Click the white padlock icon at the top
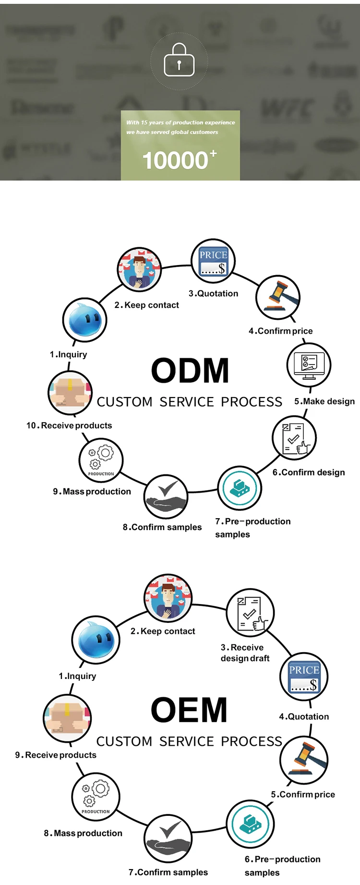coord(179,61)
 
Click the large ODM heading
coord(190,371)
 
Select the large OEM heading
coord(189,710)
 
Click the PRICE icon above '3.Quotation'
coord(213,262)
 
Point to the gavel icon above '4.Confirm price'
coord(278,297)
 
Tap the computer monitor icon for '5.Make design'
coord(309,365)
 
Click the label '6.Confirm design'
coord(309,473)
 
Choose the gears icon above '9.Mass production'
coord(101,460)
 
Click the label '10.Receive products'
coord(69,425)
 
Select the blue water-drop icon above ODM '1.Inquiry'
coord(84,320)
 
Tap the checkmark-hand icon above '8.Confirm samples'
coord(166,496)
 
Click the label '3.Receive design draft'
coord(245,653)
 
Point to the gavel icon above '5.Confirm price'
coord(303,759)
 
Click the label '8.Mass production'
coord(83,833)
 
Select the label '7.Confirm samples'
coord(168,872)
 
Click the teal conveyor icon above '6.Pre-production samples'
coord(250,824)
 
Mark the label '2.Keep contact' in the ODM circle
coord(146,305)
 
